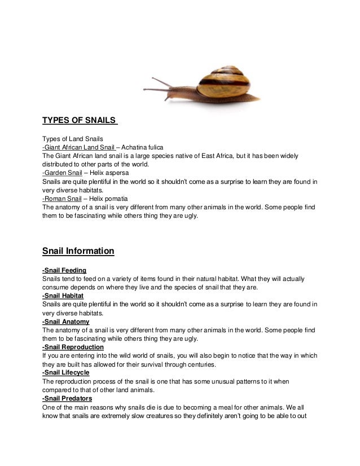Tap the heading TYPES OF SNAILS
[80, 120]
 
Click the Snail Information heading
[78, 250]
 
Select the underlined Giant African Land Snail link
[78, 147]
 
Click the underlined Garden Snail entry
[62, 173]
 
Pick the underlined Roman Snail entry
[61, 199]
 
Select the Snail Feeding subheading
[64, 270]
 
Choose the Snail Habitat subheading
[63, 296]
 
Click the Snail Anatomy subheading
[65, 322]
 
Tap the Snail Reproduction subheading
[73, 348]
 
